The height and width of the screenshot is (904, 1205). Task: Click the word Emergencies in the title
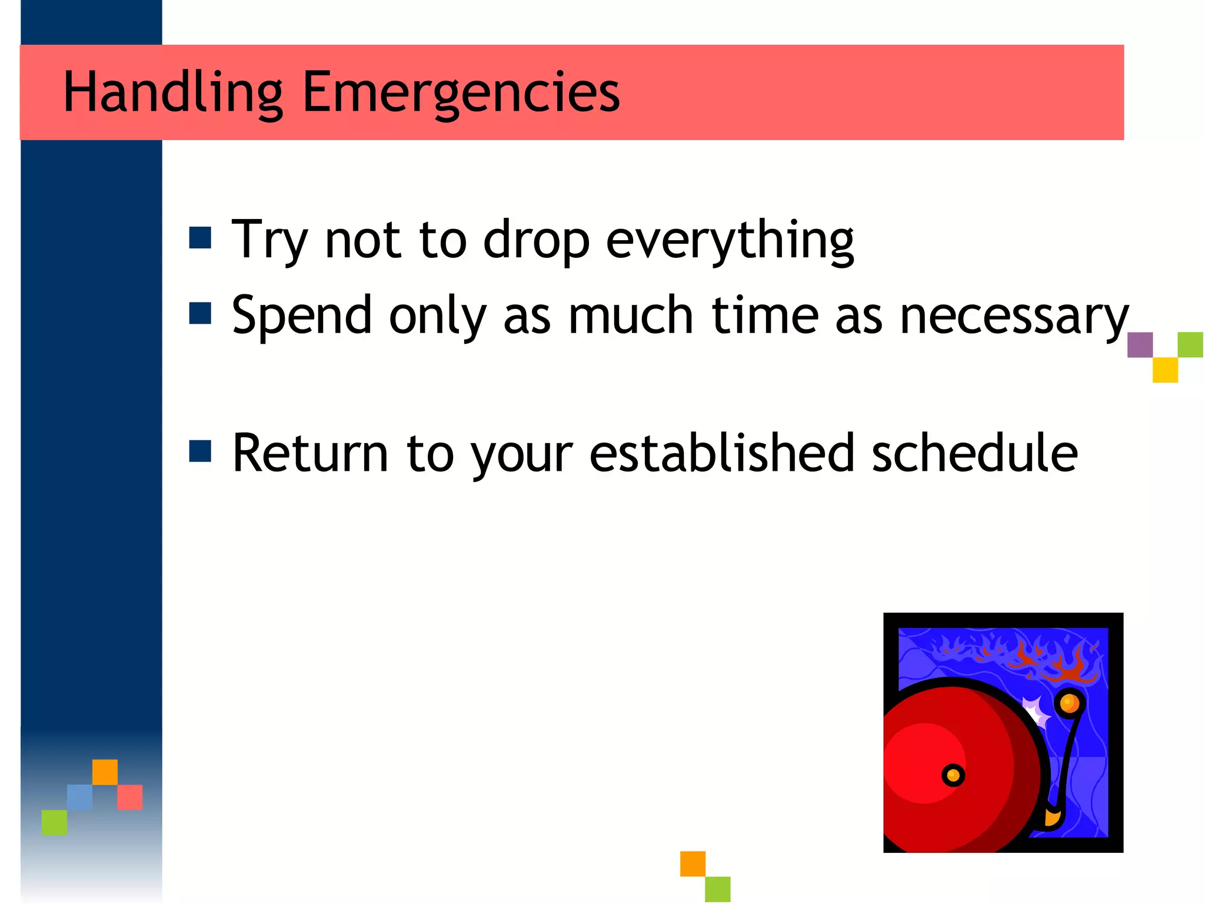point(461,92)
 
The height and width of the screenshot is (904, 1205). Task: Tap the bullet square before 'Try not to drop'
point(200,238)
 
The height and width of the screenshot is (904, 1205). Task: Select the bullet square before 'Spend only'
point(200,313)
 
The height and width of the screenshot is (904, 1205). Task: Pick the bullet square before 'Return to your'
point(200,451)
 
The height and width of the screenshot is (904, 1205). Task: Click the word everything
point(730,240)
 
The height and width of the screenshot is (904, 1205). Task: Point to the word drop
point(536,240)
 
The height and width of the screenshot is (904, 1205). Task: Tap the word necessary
point(1014,317)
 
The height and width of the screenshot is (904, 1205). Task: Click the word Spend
point(302,317)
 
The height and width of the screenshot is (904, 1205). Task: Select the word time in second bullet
point(765,315)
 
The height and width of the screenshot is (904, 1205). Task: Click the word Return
point(310,453)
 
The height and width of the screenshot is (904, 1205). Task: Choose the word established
point(721,453)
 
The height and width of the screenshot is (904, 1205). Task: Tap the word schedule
point(974,453)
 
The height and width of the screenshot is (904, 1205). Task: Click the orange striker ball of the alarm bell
point(1068,703)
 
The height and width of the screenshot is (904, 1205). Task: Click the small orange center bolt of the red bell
point(953,775)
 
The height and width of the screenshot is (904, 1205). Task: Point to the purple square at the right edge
point(1140,345)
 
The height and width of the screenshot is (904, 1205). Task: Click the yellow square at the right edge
point(1165,370)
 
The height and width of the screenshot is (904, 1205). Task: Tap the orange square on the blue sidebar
point(105,772)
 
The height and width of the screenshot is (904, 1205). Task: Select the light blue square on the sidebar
point(79,797)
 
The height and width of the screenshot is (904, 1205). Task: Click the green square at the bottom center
point(717,889)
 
